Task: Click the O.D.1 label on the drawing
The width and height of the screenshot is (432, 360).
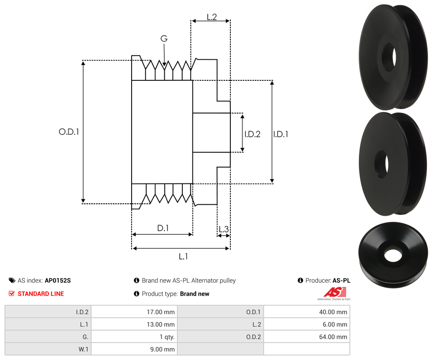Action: point(69,132)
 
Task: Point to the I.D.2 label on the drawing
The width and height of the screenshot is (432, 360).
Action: point(252,134)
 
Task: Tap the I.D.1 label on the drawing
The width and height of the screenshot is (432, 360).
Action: point(281,134)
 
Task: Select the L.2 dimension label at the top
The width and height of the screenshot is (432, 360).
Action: point(212,17)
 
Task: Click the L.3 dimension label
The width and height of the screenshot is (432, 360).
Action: point(223,229)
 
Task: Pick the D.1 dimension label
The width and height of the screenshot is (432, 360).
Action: point(163,228)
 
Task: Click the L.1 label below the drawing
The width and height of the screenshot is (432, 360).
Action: point(183,257)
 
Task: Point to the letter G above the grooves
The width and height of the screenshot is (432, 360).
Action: point(164,39)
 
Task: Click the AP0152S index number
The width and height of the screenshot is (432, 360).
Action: point(57,281)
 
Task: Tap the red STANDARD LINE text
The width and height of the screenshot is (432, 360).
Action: point(40,294)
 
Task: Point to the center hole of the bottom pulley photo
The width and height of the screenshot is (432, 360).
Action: point(393,254)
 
